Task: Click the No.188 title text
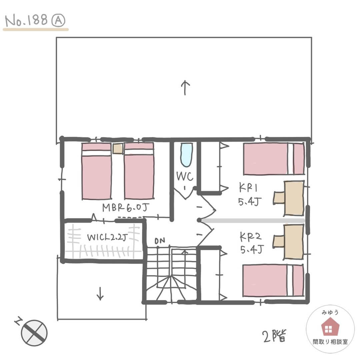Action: click(26, 20)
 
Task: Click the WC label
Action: click(185, 176)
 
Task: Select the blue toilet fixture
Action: click(186, 155)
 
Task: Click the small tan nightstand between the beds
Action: click(118, 149)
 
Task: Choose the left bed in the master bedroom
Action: click(97, 171)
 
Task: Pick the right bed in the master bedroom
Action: click(139, 171)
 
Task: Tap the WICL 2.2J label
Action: click(107, 237)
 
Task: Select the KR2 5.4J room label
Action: click(251, 243)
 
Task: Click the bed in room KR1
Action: click(274, 159)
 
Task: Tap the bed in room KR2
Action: click(273, 280)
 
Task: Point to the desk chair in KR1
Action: click(279, 198)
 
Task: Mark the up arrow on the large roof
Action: click(185, 88)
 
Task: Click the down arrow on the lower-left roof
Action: click(100, 293)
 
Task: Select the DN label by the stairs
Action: click(160, 241)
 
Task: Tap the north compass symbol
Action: click(34, 333)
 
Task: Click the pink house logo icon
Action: click(330, 326)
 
